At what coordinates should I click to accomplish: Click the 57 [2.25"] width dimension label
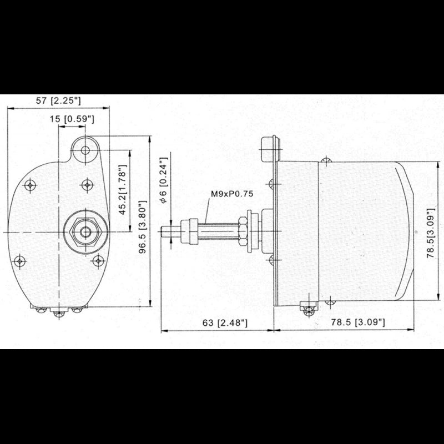pyautogui.click(x=58, y=100)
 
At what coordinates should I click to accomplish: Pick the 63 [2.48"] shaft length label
pyautogui.click(x=218, y=322)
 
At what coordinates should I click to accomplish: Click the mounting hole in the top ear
pyautogui.click(x=85, y=150)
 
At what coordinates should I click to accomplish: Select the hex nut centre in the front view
pyautogui.click(x=85, y=230)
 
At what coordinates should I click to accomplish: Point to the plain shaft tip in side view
pyautogui.click(x=168, y=230)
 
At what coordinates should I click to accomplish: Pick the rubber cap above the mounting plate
pyautogui.click(x=270, y=149)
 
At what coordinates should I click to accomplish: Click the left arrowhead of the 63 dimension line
pyautogui.click(x=163, y=331)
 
